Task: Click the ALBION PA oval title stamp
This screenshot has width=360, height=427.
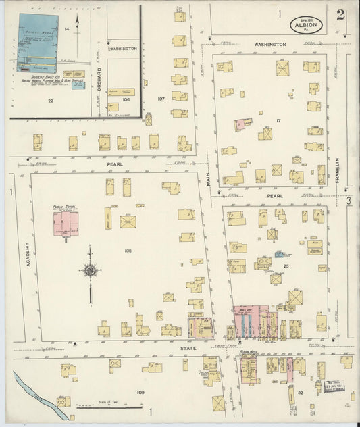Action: pos(306,26)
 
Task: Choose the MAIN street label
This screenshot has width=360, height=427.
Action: pos(209,178)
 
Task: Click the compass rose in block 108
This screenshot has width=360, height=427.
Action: pos(89,271)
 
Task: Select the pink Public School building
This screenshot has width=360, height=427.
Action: pos(66,223)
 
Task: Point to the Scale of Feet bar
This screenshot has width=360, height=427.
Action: pos(99,407)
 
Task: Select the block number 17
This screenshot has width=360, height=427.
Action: pos(278,120)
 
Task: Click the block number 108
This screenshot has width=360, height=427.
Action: pos(128,251)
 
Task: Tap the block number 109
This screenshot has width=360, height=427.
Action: pos(140,392)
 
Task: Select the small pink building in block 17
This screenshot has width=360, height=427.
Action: pos(240,125)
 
